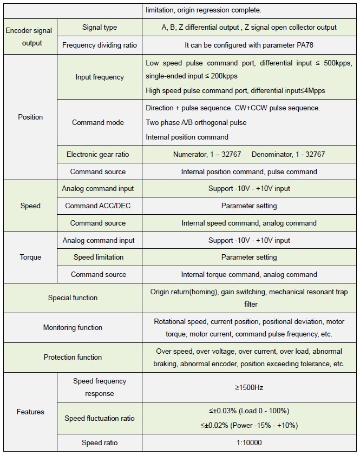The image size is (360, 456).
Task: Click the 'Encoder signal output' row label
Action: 30,36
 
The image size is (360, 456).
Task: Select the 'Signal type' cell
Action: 100,28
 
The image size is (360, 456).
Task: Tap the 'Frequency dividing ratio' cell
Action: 100,45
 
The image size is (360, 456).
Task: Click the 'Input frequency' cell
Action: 100,77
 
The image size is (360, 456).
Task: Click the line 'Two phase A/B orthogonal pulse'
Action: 196,122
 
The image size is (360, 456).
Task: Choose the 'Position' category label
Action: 30,117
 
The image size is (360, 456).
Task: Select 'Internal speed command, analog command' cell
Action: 249,223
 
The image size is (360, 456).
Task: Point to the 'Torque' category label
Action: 30,257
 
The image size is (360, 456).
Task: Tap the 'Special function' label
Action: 73,298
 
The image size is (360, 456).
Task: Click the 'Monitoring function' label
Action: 73,327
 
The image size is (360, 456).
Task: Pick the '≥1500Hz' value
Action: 249,387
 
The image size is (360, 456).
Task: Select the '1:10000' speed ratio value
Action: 249,442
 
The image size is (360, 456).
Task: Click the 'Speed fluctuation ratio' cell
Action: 100,418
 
